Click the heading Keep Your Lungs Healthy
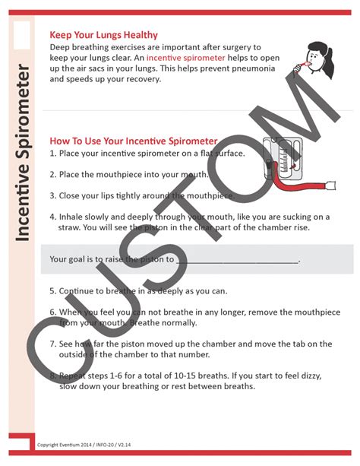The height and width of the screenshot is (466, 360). [103, 34]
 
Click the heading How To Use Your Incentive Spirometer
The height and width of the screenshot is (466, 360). [133, 141]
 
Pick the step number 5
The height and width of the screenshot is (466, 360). [52, 291]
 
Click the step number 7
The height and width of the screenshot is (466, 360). [52, 344]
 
